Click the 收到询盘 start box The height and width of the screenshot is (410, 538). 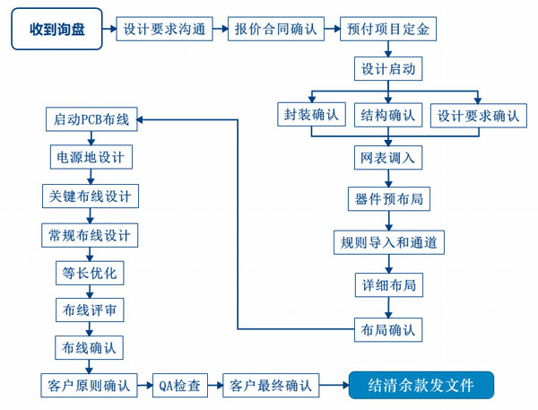click(60, 30)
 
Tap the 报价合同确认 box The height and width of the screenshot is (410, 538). click(276, 30)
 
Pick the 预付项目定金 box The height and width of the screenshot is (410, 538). click(387, 30)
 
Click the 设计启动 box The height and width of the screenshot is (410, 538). click(387, 70)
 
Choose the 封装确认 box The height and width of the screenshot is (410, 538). click(311, 116)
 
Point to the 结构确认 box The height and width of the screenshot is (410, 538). click(387, 116)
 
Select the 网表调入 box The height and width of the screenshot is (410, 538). click(387, 158)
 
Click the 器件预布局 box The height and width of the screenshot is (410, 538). click(387, 199)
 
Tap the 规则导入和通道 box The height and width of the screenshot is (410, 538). click(387, 242)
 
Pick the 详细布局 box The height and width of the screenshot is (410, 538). click(387, 285)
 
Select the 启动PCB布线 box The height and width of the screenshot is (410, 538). click(91, 119)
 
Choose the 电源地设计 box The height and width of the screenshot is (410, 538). click(91, 158)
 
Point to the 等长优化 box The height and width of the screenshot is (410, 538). click(91, 272)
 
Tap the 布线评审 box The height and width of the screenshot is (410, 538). click(91, 310)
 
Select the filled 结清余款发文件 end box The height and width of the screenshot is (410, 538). click(421, 386)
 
